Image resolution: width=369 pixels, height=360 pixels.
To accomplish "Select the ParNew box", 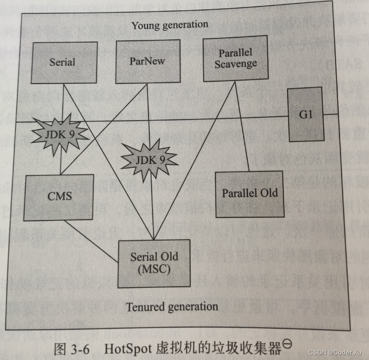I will click(x=148, y=61).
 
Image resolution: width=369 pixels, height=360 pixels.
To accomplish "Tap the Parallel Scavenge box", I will click(x=235, y=59).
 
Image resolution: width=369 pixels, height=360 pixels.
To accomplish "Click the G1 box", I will click(x=306, y=114).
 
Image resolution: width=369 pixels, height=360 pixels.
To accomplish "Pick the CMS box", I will click(x=60, y=196).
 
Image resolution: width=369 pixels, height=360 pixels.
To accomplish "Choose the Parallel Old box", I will click(x=249, y=193).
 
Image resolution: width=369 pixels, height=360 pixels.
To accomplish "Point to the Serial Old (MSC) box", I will click(x=154, y=263).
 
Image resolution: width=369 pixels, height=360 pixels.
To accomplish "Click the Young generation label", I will click(x=169, y=25).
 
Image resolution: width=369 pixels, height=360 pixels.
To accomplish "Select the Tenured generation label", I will click(x=172, y=307).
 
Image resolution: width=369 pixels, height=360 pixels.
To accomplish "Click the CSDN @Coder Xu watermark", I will click(x=337, y=352).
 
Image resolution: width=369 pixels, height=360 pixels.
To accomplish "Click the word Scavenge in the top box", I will click(x=235, y=64).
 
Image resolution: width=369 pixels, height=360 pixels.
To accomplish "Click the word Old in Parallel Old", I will click(x=269, y=193).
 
